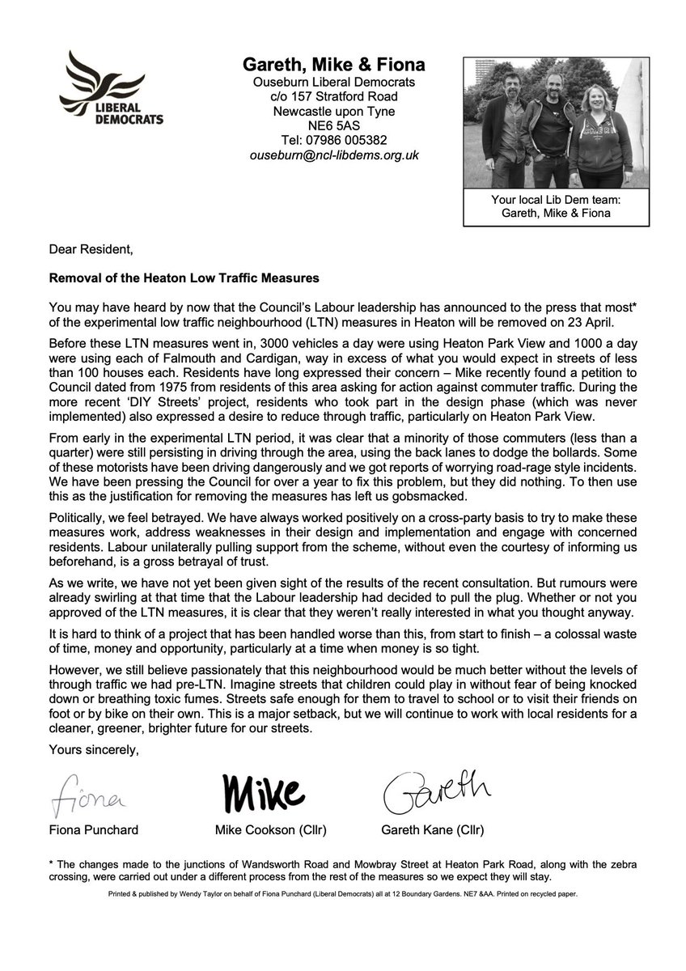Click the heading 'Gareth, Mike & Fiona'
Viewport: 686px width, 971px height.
click(x=334, y=65)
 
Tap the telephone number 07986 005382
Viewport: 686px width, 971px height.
click(x=334, y=140)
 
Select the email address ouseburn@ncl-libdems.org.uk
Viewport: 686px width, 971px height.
click(x=334, y=155)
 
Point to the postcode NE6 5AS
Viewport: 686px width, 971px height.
click(x=334, y=125)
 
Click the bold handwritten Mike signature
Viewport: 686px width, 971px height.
click(x=262, y=791)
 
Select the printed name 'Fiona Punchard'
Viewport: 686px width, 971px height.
click(x=91, y=829)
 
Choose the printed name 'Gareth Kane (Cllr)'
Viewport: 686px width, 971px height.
click(x=431, y=829)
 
